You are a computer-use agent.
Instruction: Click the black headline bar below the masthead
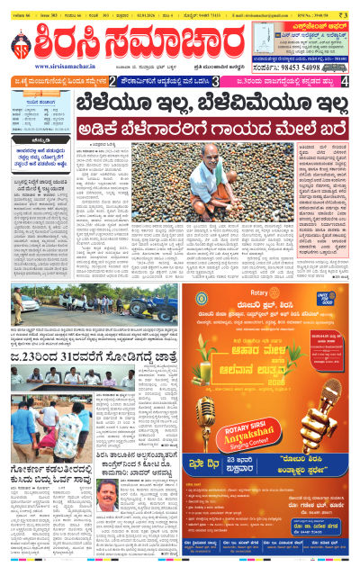180,103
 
